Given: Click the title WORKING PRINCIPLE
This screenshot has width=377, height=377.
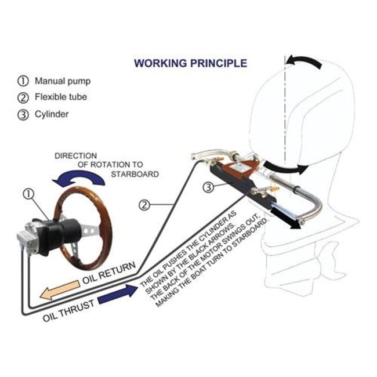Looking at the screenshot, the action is click(x=190, y=63).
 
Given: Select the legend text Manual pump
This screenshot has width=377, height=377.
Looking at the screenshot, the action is click(x=63, y=81).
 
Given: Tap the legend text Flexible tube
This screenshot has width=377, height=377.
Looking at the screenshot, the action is click(x=61, y=97).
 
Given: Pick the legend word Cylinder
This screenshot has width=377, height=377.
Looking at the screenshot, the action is click(x=52, y=114).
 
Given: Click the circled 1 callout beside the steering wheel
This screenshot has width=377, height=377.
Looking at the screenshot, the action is click(x=28, y=194).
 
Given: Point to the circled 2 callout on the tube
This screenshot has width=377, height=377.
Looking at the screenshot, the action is click(x=144, y=205).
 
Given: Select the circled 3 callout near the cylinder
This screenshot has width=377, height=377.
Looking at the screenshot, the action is click(x=208, y=187).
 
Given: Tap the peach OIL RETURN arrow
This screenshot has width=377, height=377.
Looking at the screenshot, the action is click(x=60, y=290).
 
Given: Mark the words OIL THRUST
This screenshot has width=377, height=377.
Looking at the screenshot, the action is click(x=68, y=311).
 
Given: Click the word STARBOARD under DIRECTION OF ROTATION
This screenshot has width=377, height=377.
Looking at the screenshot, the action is click(x=135, y=174).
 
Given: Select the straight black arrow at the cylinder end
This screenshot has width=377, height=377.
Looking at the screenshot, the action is click(x=285, y=218).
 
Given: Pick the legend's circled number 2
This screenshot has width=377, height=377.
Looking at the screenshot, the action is click(x=23, y=97).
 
